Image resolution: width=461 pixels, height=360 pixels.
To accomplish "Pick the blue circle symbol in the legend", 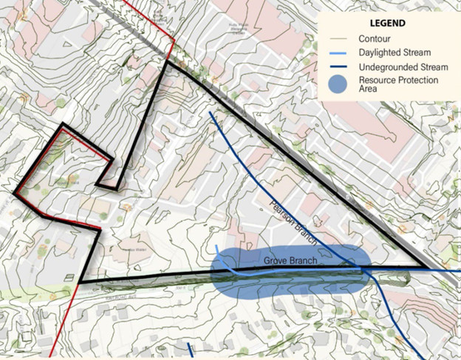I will (338, 84).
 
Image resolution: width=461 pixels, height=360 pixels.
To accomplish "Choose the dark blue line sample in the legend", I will (338, 66).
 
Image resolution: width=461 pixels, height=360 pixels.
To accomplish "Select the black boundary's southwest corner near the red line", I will (79, 282).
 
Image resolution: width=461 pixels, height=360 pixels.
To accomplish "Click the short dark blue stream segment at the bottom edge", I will (190, 350).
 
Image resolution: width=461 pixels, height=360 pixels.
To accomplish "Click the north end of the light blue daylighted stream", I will (216, 246).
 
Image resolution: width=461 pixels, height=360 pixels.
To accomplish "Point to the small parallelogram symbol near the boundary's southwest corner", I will (68, 278).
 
